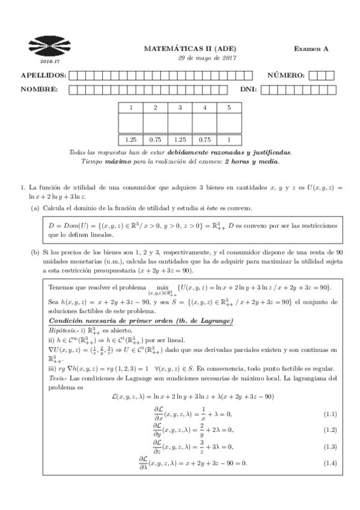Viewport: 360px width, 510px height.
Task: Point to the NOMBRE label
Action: pos(39,89)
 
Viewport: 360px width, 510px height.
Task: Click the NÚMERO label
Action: pos(286,75)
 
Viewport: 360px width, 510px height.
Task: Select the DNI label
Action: pos(248,89)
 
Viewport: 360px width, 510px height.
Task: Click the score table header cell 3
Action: pos(180,107)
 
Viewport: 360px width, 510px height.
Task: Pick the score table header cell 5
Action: pos(228,107)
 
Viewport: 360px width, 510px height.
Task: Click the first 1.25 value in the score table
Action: pos(130,139)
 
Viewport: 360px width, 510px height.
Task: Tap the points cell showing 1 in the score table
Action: pos(228,139)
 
